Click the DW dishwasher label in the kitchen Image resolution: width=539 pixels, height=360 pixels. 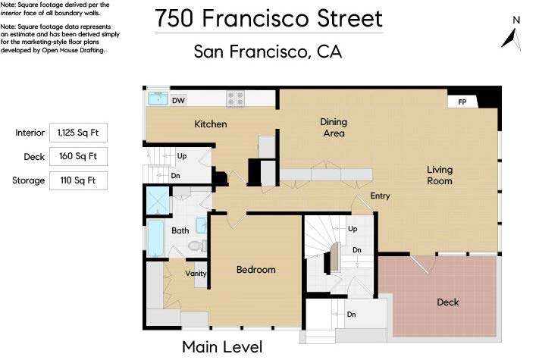(x=178, y=101)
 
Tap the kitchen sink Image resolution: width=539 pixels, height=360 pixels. (x=158, y=98)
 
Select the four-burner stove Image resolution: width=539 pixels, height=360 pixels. (x=236, y=99)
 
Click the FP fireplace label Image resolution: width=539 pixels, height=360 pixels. (x=462, y=102)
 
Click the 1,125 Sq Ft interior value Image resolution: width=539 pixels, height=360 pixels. (x=78, y=133)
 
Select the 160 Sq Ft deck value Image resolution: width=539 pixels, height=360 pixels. (x=78, y=156)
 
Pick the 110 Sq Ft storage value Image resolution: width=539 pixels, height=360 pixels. (x=78, y=180)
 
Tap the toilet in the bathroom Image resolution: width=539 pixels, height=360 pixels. (x=197, y=246)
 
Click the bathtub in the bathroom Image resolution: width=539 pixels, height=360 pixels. (x=155, y=238)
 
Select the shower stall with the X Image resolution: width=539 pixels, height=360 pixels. (x=158, y=201)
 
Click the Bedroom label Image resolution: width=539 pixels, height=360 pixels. (x=256, y=270)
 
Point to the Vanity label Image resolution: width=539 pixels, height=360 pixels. (x=196, y=274)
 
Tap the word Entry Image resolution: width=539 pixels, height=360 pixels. (x=380, y=196)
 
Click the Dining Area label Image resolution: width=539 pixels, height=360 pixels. (x=334, y=127)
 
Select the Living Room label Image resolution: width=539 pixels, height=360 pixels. (x=440, y=175)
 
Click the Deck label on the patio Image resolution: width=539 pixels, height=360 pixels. (x=448, y=302)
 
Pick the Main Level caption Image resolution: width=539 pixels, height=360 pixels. (x=222, y=347)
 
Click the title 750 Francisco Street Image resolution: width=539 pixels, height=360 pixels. (x=268, y=18)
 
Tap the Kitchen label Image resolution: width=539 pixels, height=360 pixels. (x=211, y=124)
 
